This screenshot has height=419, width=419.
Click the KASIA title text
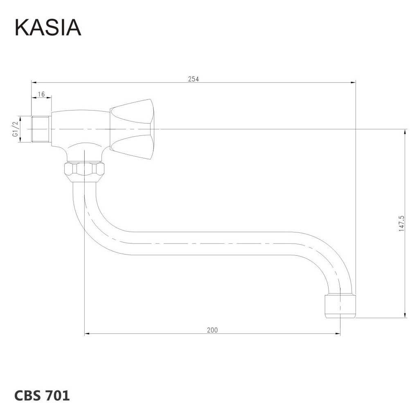coord(48,27)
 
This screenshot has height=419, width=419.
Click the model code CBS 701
coord(42,396)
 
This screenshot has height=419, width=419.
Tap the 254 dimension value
coord(193,79)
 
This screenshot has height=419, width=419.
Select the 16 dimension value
coord(41,94)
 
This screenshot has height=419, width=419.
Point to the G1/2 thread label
coord(16,129)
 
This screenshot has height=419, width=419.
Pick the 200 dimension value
coord(212,330)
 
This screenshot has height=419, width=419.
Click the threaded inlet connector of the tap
coord(41,129)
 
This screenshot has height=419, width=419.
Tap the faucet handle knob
coord(133,129)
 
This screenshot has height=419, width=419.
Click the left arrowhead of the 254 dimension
coord(34,82)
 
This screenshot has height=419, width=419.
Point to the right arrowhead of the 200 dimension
coord(338,334)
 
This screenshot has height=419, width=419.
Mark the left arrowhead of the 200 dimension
coord(87,334)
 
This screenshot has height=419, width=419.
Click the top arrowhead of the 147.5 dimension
coord(405,131)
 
